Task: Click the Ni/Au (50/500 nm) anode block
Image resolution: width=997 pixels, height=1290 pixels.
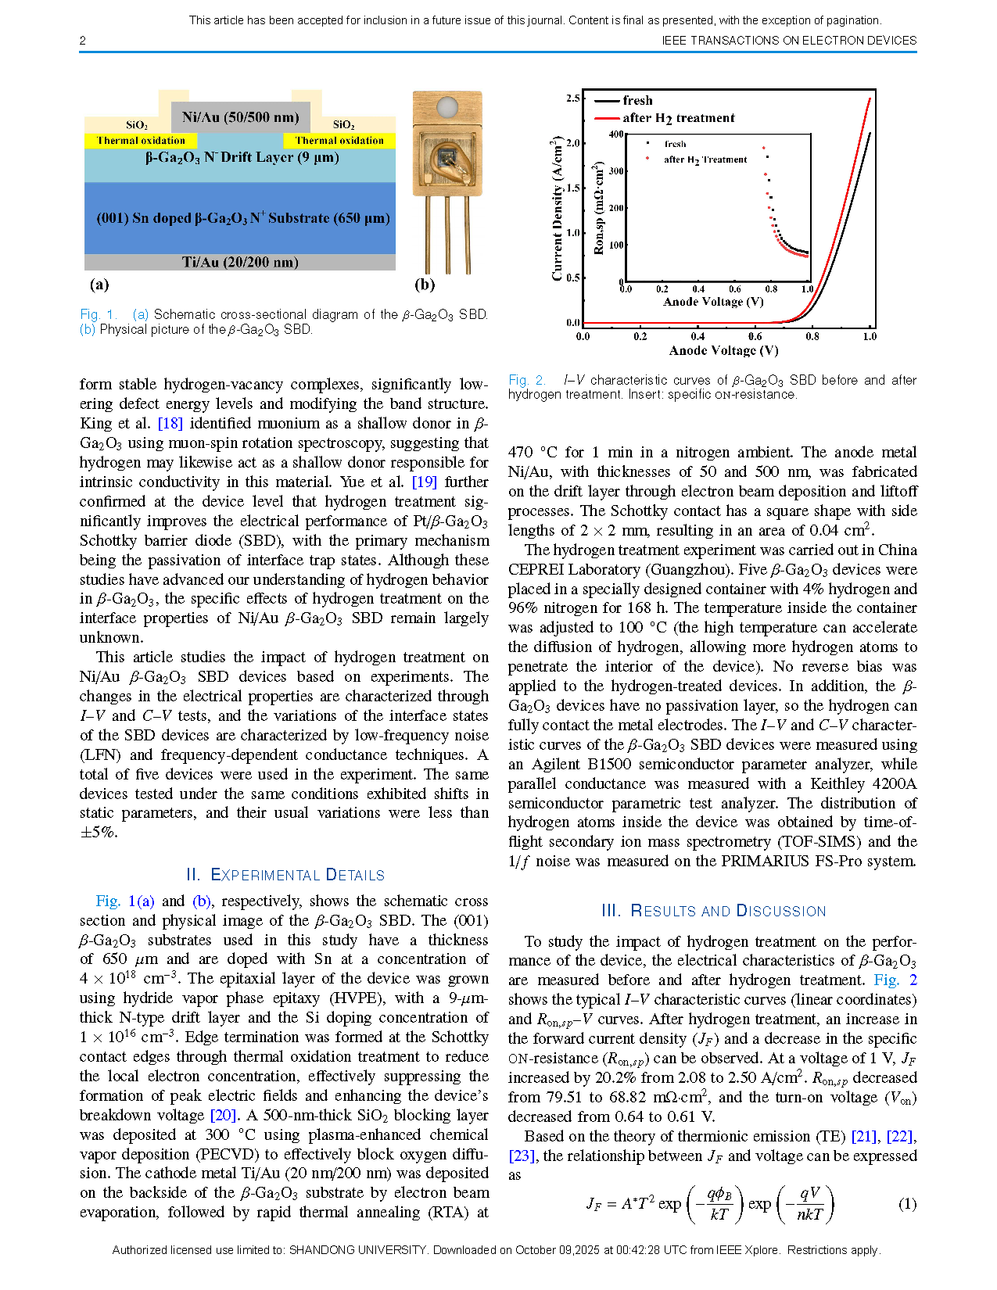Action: tap(240, 117)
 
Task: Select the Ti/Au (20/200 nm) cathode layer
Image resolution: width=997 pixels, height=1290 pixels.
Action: tap(240, 262)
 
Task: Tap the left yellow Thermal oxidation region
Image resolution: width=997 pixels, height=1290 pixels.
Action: tap(141, 141)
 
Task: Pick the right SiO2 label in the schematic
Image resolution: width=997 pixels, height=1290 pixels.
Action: tap(343, 125)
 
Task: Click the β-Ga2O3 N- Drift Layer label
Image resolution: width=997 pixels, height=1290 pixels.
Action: tap(242, 157)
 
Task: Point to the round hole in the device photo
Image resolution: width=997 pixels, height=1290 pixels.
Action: tap(447, 106)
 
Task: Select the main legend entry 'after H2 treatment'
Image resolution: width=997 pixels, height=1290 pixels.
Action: tap(678, 118)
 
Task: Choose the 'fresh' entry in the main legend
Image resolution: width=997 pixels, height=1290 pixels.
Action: tap(637, 101)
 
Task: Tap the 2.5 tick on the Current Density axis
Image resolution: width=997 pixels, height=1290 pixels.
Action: tap(573, 99)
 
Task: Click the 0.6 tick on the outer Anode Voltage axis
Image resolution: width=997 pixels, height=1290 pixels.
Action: tap(755, 337)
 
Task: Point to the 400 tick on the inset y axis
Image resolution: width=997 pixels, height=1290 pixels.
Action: tap(616, 134)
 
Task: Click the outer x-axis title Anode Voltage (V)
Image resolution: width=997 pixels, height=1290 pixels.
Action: tap(723, 351)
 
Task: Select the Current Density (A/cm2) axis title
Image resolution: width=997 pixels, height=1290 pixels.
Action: tap(557, 208)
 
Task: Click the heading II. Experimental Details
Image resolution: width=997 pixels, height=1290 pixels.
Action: tap(285, 875)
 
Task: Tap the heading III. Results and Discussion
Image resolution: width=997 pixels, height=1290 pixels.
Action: tap(713, 911)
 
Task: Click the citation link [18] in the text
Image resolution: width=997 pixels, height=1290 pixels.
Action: tap(170, 424)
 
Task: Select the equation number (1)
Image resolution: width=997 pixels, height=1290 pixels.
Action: tap(907, 1204)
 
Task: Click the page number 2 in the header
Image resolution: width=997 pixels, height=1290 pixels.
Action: tap(83, 41)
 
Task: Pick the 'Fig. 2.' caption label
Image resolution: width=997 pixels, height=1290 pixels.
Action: tap(526, 380)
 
